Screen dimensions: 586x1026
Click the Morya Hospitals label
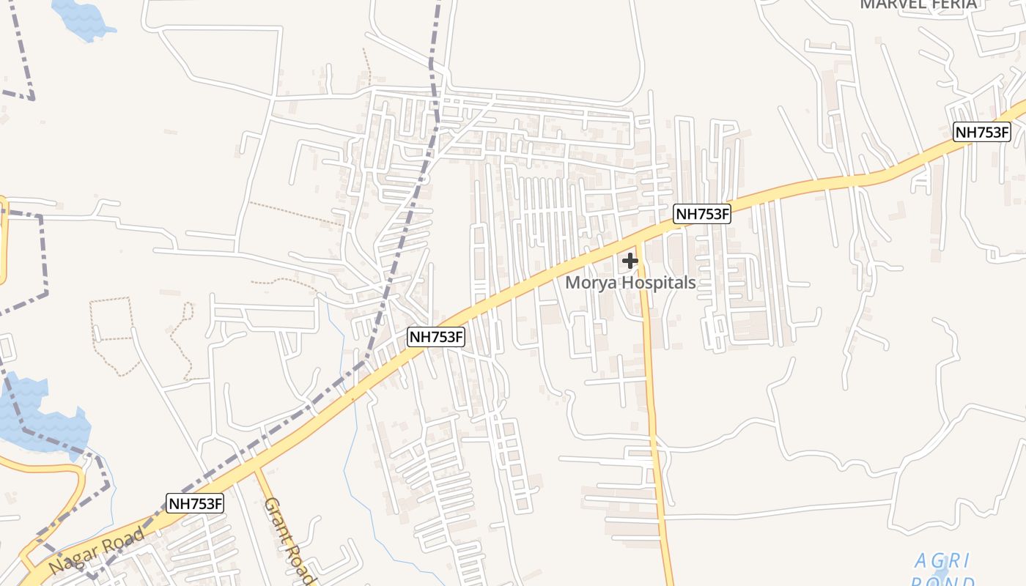tap(630, 283)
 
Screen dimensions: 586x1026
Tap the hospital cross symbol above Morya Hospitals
tap(630, 260)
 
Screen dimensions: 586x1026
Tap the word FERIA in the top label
tap(954, 4)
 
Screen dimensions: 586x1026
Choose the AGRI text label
tap(942, 561)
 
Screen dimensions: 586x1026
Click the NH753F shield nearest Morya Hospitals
tap(702, 214)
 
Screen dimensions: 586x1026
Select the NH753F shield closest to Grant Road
tap(195, 504)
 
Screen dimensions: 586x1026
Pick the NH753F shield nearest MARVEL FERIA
tap(981, 133)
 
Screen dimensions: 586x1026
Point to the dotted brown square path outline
tap(111, 319)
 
